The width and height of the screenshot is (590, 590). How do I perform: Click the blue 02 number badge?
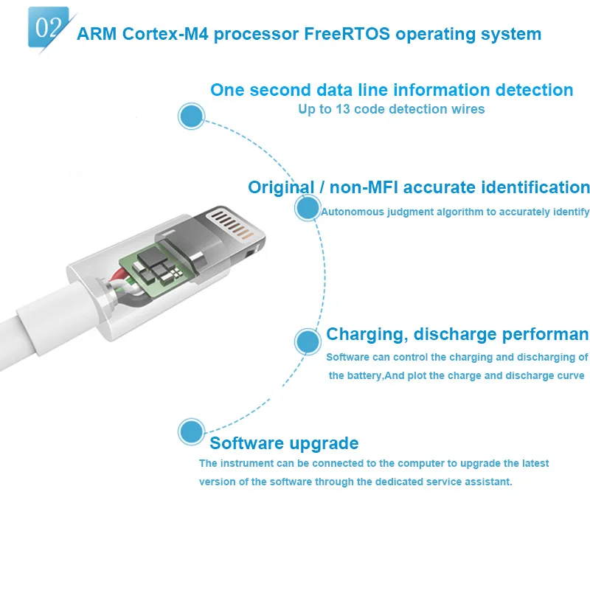click(x=48, y=27)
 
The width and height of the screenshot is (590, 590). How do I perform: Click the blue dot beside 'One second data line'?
click(x=191, y=116)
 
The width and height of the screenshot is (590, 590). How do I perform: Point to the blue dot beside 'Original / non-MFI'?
click(x=307, y=208)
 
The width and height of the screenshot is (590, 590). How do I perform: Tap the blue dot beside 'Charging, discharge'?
click(x=307, y=341)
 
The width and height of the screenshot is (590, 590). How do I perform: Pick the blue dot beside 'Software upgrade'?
click(x=191, y=431)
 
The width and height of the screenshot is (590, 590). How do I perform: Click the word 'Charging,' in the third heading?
click(x=367, y=334)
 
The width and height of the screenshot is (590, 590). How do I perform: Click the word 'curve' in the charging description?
click(x=568, y=375)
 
